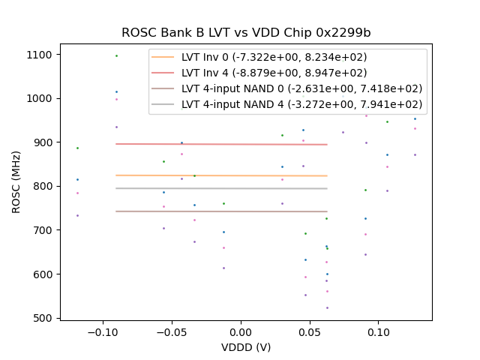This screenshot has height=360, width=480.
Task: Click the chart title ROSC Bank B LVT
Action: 246,33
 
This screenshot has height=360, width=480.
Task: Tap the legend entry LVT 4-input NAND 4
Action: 301,104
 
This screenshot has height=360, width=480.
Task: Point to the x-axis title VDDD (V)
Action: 246,347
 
